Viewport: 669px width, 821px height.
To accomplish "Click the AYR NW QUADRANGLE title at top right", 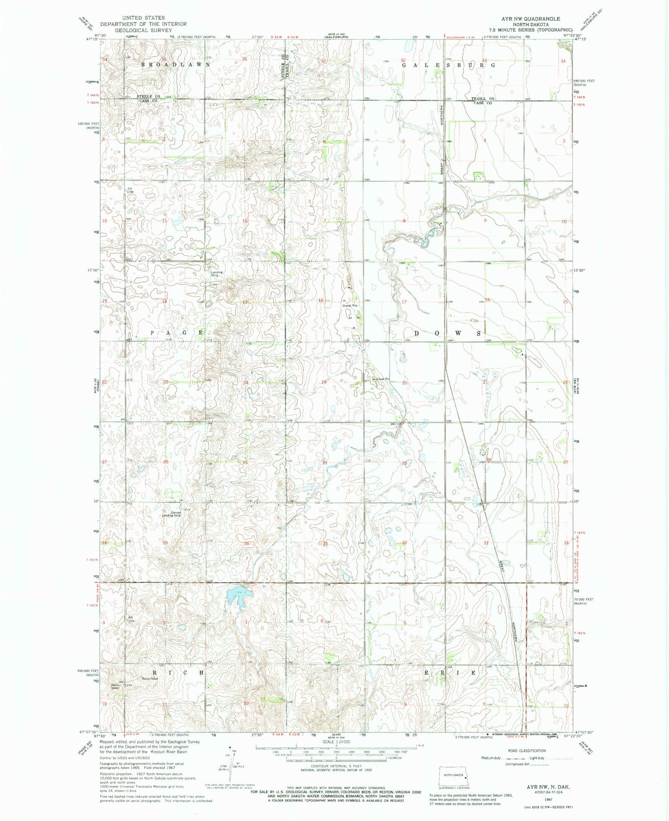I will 531,19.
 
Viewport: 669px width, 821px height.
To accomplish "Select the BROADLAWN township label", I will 175,65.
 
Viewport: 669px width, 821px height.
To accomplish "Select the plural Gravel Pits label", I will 351,305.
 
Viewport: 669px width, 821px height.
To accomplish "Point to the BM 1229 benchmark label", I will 130,619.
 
